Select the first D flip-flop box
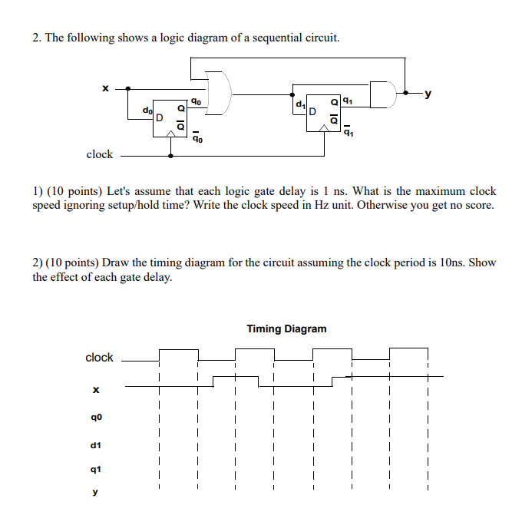tap(170, 117)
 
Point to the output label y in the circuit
tap(428, 94)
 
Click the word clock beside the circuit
tap(99, 154)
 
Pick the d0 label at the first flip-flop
tap(147, 110)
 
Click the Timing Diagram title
tap(286, 328)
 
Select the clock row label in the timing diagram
tap(99, 358)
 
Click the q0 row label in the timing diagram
tap(96, 418)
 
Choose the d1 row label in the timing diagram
tap(96, 444)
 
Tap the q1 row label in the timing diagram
tap(96, 469)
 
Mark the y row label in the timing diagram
tap(96, 493)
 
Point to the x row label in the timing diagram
tap(96, 391)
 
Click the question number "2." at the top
tap(37, 38)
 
